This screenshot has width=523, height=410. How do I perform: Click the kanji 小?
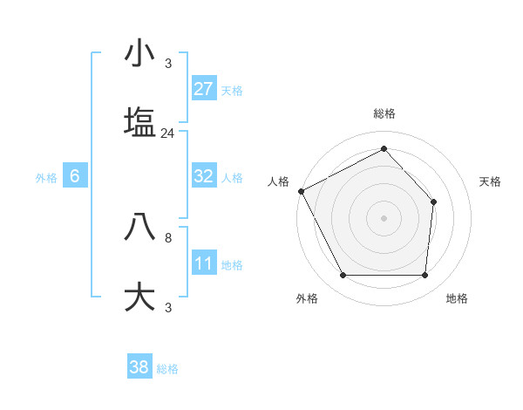(x=139, y=53)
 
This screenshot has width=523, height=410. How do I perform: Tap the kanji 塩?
(x=139, y=121)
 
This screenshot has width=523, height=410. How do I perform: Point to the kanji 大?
(x=139, y=297)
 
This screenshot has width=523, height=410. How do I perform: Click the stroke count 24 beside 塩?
(x=167, y=133)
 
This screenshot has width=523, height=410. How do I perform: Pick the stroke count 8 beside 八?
(x=168, y=237)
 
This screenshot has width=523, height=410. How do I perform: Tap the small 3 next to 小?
(x=168, y=64)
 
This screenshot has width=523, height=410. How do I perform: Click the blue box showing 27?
(x=204, y=89)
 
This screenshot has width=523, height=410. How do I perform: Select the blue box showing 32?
(x=204, y=176)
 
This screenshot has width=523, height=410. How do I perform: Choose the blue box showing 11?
(x=204, y=263)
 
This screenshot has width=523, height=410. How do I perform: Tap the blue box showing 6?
(x=75, y=176)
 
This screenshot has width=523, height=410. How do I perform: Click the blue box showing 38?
(x=139, y=367)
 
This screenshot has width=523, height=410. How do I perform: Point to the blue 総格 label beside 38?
(x=167, y=369)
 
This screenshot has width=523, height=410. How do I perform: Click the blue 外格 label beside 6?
(x=46, y=178)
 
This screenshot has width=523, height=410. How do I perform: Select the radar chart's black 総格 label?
(x=384, y=113)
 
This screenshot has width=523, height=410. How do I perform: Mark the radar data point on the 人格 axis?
(x=301, y=191)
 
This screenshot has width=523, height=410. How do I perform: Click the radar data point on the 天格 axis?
(x=434, y=202)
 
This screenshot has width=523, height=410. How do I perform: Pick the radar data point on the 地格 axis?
(x=425, y=276)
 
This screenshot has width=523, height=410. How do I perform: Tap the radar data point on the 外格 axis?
(x=343, y=276)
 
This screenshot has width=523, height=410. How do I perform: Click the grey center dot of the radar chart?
(x=384, y=218)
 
